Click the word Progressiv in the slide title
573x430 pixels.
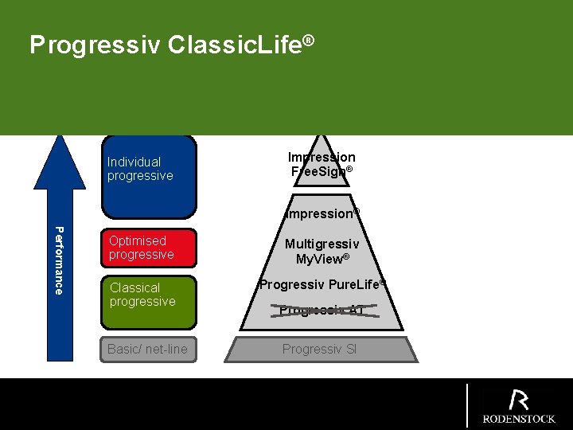tap(95, 45)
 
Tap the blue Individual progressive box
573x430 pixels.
tap(149, 177)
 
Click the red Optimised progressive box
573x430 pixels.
tap(149, 248)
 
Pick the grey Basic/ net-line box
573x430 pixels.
tap(148, 350)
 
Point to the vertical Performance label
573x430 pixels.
tap(58, 260)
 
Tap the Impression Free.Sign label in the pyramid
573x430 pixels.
tap(322, 165)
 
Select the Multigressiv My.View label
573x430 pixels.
tap(322, 252)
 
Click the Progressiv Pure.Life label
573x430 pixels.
tap(322, 284)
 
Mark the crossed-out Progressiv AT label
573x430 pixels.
tap(322, 311)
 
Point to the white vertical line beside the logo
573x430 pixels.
tap(467, 405)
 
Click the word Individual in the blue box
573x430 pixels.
tap(134, 162)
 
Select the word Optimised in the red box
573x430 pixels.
tap(138, 240)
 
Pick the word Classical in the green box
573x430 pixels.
tap(135, 287)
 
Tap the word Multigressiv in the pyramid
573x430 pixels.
tap(322, 244)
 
